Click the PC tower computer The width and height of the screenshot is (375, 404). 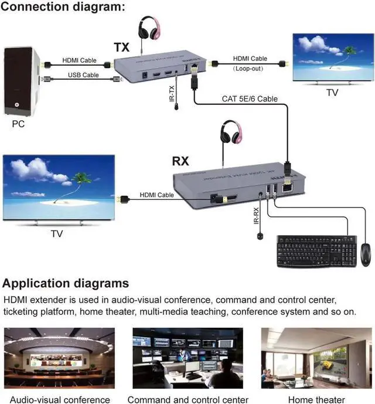21,82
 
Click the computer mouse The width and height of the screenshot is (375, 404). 366,253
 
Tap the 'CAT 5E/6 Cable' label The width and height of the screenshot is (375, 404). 250,99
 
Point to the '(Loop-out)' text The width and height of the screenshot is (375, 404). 250,69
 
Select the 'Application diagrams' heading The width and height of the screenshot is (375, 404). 66,284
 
